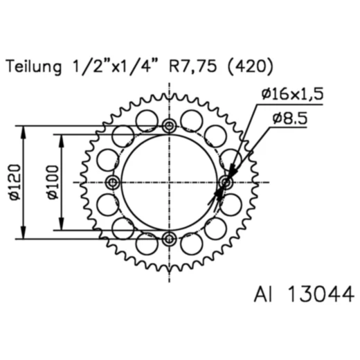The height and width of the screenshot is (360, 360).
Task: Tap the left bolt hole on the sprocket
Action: [x=114, y=182]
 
